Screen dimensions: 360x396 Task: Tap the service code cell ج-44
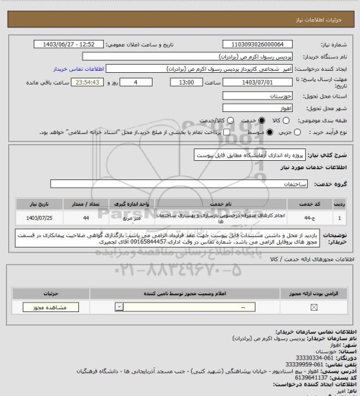click(x=313, y=217)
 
